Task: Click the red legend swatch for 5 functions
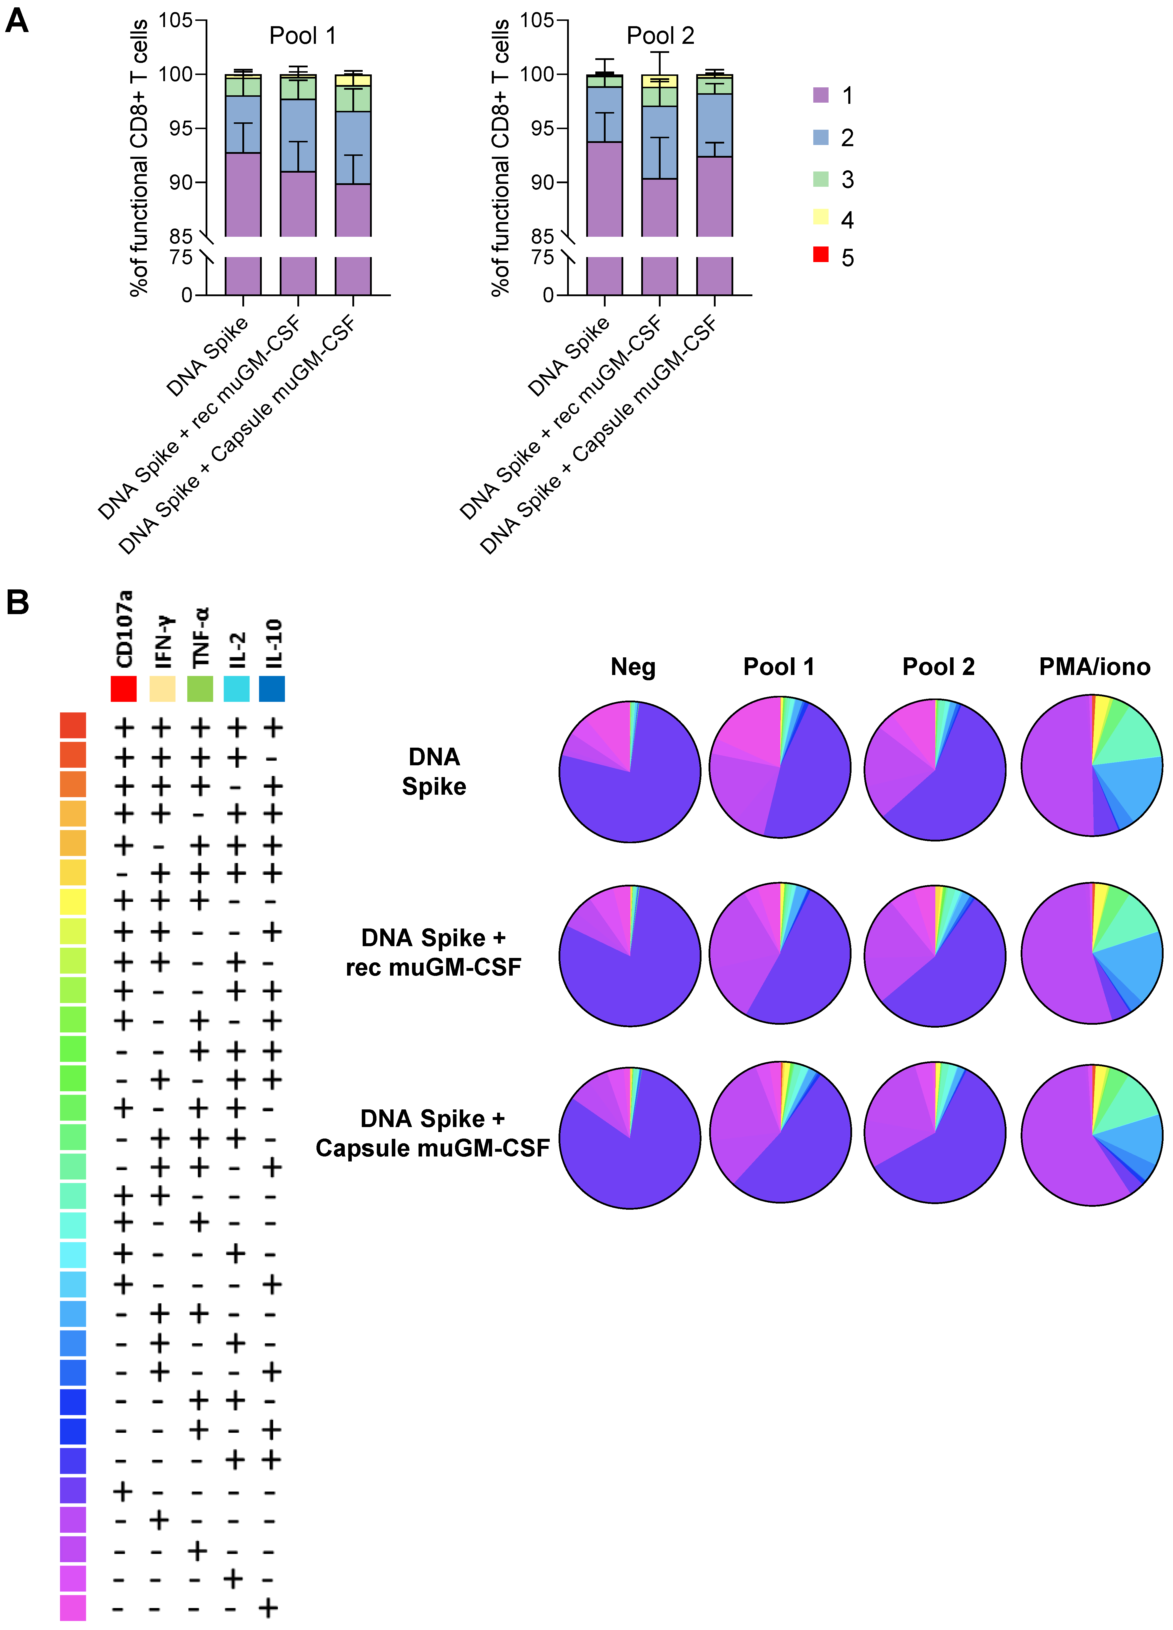click(x=820, y=254)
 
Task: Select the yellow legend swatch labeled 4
click(x=820, y=216)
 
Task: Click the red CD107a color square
click(x=124, y=689)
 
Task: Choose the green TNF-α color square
click(x=200, y=689)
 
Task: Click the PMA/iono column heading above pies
click(x=1094, y=667)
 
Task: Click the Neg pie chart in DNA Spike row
click(x=630, y=771)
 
